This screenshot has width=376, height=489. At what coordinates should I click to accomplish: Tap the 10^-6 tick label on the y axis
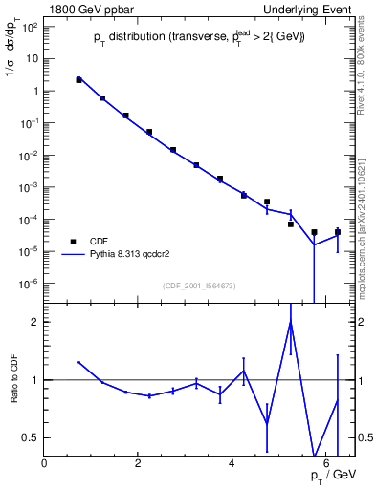pyautogui.click(x=29, y=284)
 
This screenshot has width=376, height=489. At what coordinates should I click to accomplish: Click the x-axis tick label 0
pyautogui.click(x=44, y=463)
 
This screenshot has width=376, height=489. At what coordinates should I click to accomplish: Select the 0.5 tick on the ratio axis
pyautogui.click(x=31, y=437)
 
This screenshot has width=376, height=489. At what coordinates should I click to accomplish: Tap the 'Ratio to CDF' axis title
pyautogui.click(x=13, y=393)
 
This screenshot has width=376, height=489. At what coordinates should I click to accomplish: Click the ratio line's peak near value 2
pyautogui.click(x=290, y=322)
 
